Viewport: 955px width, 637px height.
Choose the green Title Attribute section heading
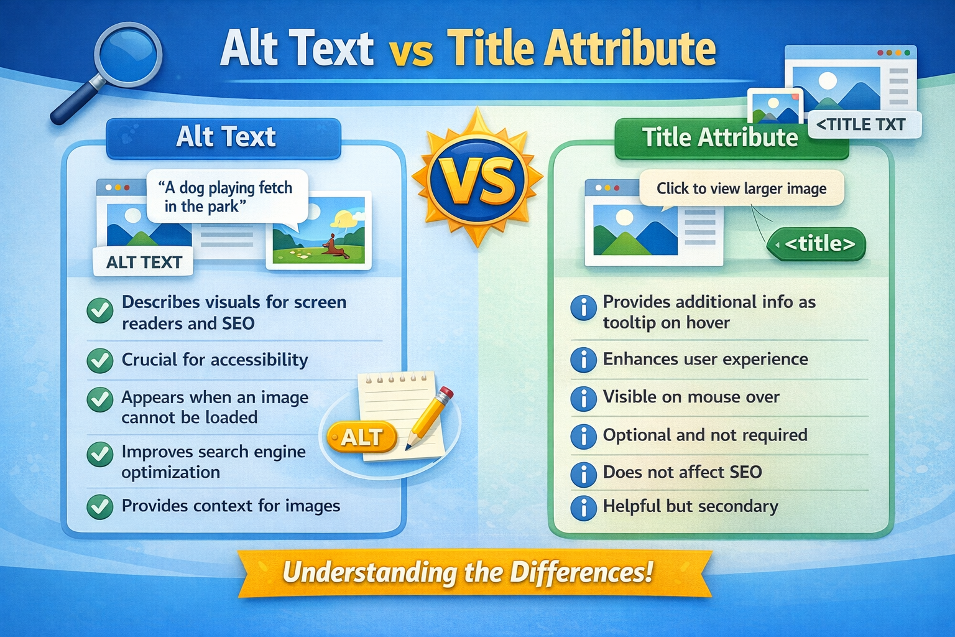tap(720, 137)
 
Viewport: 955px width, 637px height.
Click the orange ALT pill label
tap(361, 437)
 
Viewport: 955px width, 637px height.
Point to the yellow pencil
tap(428, 416)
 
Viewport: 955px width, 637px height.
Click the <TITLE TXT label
tap(861, 125)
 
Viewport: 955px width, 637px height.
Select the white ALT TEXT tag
tap(144, 263)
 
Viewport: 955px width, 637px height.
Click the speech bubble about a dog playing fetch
tap(227, 197)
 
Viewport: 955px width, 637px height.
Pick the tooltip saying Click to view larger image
tap(741, 188)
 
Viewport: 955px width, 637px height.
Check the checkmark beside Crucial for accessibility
tap(99, 360)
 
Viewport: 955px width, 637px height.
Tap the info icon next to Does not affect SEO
tap(583, 474)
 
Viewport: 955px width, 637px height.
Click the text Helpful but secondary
tap(690, 506)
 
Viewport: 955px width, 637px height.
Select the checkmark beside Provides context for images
tap(99, 506)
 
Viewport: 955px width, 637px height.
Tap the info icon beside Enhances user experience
tap(583, 360)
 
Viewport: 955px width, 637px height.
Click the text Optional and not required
tap(705, 435)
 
